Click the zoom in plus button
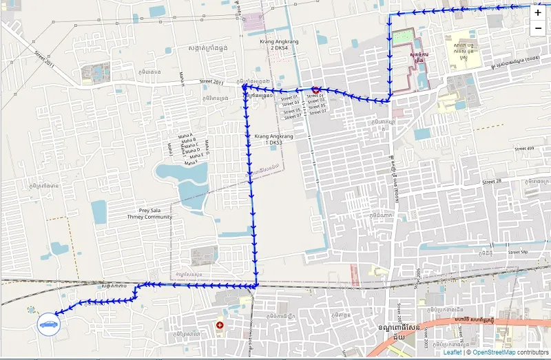pyautogui.click(x=538, y=13)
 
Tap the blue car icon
pyautogui.click(x=48, y=323)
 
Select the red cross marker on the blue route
pyautogui.click(x=315, y=89)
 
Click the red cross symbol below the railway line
pyautogui.click(x=220, y=324)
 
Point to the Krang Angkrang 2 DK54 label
pyautogui.click(x=279, y=45)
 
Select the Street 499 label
pyautogui.click(x=524, y=149)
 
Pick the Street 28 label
pyautogui.click(x=491, y=182)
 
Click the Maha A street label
pyautogui.click(x=186, y=136)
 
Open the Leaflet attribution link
pyautogui.click(x=453, y=352)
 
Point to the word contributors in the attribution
pyautogui.click(x=533, y=352)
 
